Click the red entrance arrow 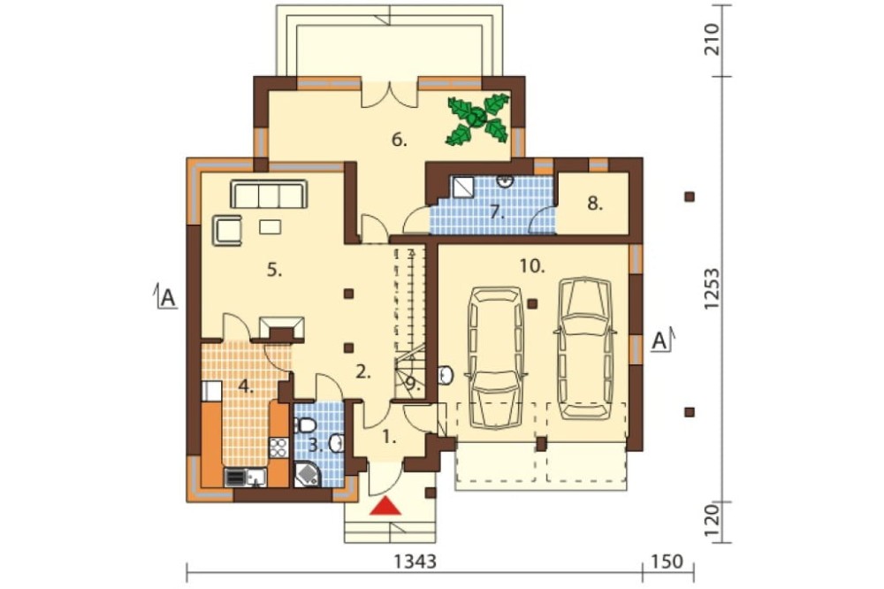(385, 506)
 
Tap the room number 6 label (400, 140)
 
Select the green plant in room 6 (478, 119)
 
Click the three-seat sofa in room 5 (269, 194)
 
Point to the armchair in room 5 (227, 230)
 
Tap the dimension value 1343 (415, 562)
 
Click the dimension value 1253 (712, 288)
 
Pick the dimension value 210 (712, 39)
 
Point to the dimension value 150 (667, 562)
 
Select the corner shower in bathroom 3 (307, 473)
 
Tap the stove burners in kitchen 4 (278, 447)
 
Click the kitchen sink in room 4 (256, 478)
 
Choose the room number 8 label (595, 203)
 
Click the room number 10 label (532, 265)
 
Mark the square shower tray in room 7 (462, 187)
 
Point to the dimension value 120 (712, 522)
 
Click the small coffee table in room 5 (270, 226)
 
